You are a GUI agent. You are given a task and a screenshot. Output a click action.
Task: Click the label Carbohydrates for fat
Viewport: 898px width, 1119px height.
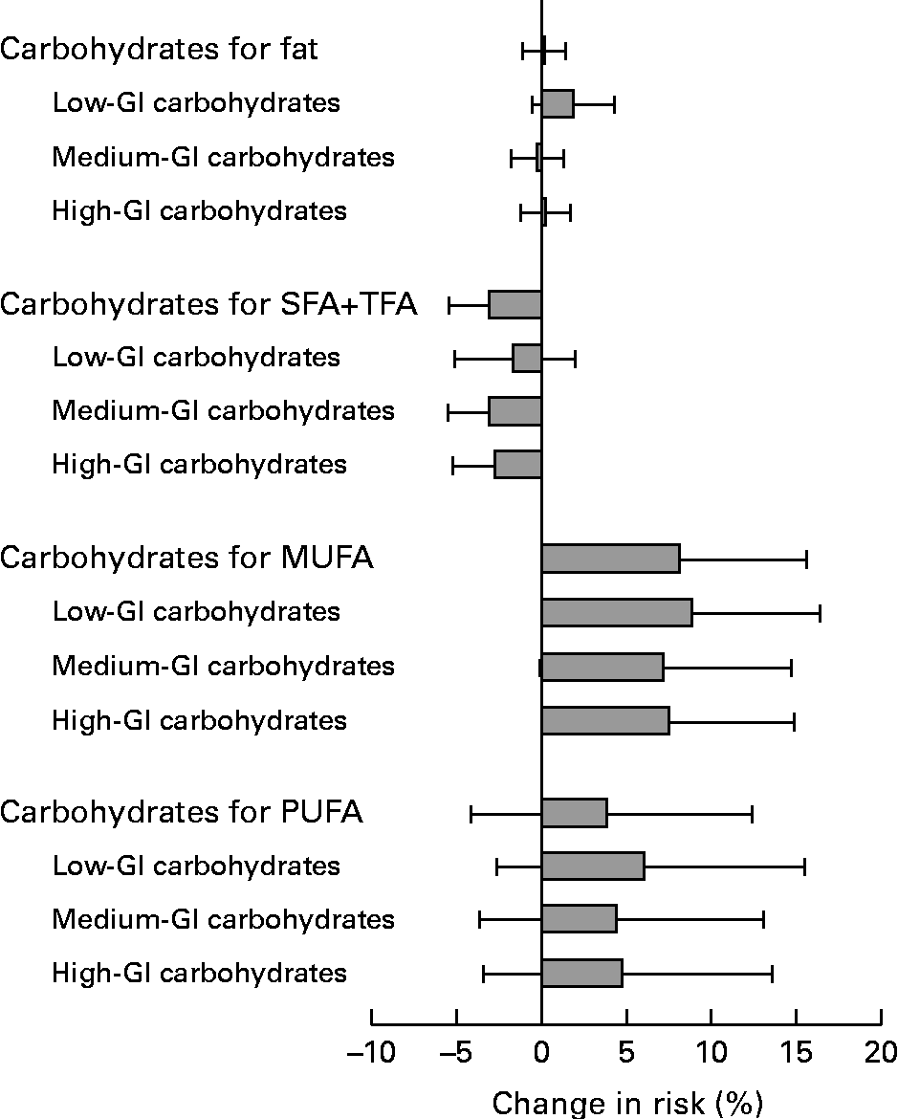click(159, 50)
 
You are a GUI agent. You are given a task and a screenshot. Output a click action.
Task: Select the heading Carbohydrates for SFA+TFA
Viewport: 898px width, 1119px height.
click(208, 305)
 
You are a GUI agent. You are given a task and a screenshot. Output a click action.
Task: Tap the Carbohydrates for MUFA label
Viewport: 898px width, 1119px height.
click(186, 559)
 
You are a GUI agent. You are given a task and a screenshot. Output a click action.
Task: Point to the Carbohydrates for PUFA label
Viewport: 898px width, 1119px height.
click(182, 814)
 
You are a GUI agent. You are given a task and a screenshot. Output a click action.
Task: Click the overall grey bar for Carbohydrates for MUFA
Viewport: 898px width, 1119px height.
click(610, 559)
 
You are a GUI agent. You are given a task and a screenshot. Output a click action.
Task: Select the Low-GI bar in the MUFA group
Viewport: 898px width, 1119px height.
click(616, 612)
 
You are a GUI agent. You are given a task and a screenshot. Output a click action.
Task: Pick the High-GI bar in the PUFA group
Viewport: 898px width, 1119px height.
click(581, 974)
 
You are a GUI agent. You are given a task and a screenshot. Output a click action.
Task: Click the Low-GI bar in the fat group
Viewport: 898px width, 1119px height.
click(558, 103)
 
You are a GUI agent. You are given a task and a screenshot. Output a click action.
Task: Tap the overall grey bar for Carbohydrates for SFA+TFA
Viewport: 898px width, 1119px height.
click(515, 305)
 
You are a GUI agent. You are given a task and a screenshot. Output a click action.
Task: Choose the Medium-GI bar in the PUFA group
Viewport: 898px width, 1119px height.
click(579, 920)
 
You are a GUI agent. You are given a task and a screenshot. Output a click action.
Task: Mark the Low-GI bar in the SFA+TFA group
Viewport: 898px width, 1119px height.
click(527, 358)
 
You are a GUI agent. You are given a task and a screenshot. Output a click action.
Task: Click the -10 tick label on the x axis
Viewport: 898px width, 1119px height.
click(370, 1053)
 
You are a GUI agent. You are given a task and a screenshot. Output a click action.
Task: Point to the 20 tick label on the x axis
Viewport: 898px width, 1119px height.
click(880, 1053)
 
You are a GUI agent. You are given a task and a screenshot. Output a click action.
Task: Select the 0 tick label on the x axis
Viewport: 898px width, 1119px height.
click(542, 1053)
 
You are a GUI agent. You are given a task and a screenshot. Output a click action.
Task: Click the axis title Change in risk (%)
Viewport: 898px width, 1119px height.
click(627, 1103)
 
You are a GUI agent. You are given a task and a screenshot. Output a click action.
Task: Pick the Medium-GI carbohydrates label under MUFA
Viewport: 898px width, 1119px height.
click(223, 665)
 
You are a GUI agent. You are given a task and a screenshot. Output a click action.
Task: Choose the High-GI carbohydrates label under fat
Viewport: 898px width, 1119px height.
click(199, 210)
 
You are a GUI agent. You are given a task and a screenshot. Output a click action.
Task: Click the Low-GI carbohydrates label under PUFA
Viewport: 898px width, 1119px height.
click(196, 866)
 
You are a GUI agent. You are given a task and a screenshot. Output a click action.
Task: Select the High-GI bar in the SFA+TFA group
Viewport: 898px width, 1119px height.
click(518, 465)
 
